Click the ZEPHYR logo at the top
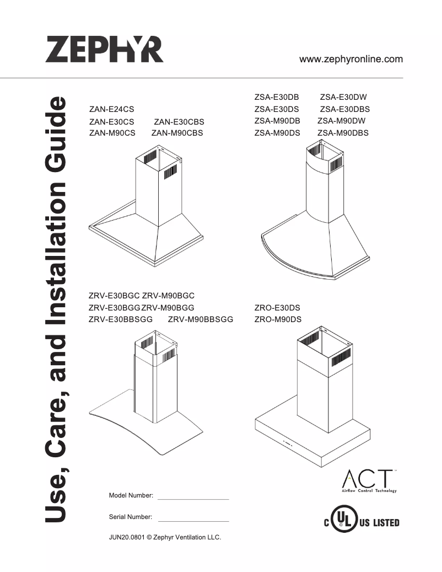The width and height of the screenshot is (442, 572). pyautogui.click(x=105, y=49)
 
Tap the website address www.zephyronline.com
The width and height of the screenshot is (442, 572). pyautogui.click(x=351, y=60)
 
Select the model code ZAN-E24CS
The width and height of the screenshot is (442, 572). pyautogui.click(x=111, y=110)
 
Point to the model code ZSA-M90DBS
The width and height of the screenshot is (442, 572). pyautogui.click(x=343, y=133)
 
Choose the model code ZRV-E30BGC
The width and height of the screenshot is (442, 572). pyautogui.click(x=114, y=296)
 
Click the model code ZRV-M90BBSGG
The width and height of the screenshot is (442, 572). pyautogui.click(x=201, y=319)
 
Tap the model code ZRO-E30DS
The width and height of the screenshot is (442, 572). pyautogui.click(x=277, y=308)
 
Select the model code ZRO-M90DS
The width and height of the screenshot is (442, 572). pyautogui.click(x=278, y=319)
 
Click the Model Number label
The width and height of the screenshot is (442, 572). pyautogui.click(x=131, y=496)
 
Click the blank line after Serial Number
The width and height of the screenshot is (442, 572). pyautogui.click(x=193, y=520)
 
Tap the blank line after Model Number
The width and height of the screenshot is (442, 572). pyautogui.click(x=193, y=499)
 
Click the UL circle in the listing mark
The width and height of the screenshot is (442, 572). pyautogui.click(x=343, y=521)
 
